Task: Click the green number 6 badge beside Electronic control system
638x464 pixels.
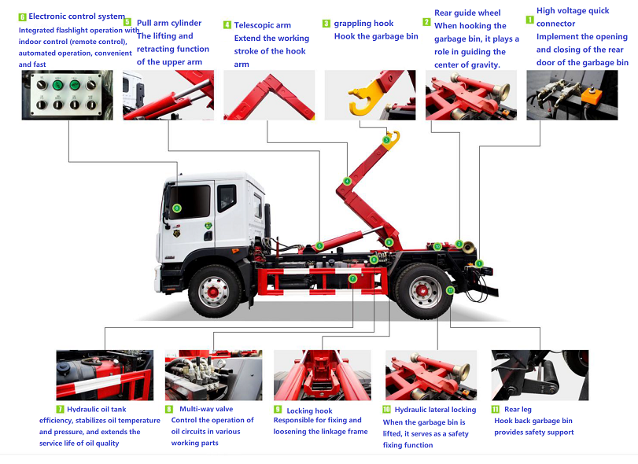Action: [x=22, y=17]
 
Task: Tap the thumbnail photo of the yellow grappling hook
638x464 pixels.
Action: [x=370, y=95]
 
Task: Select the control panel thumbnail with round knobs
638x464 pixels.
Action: [x=67, y=95]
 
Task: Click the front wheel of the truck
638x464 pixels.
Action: [x=214, y=291]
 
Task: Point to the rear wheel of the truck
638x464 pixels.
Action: [x=424, y=291]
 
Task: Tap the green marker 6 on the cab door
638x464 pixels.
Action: [x=176, y=208]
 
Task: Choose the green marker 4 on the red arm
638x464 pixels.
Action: [x=347, y=181]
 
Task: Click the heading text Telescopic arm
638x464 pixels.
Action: [x=263, y=25]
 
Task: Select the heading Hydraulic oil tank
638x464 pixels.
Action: [x=97, y=410]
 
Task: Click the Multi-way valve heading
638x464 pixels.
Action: [x=206, y=409]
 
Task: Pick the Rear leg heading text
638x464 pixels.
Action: [x=518, y=410]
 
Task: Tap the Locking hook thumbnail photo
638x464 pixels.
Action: [x=323, y=375]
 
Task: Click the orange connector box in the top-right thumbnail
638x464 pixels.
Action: [x=592, y=96]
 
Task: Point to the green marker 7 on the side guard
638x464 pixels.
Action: [x=352, y=278]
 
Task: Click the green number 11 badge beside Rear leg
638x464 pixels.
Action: [x=495, y=410]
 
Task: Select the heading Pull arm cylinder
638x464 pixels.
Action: [x=169, y=23]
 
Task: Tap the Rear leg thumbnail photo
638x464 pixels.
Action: [x=540, y=375]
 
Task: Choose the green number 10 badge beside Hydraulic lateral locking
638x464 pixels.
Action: [x=386, y=410]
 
